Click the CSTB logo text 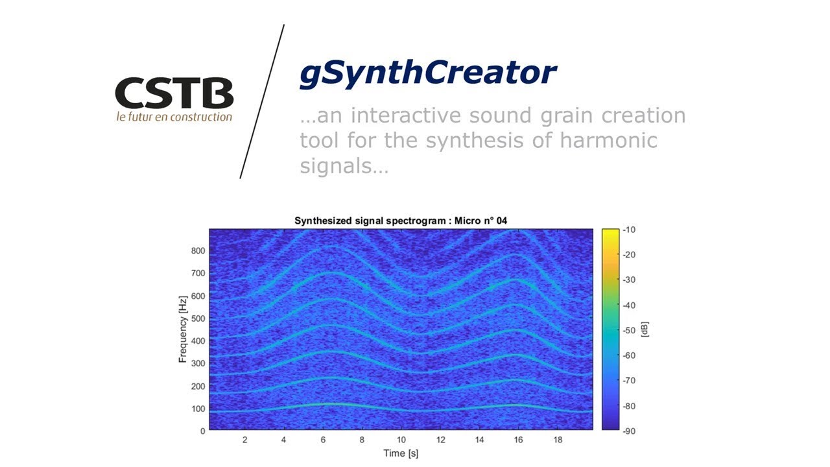point(174,93)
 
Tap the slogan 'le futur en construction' point(174,117)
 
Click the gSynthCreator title point(427,73)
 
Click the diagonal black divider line point(262,102)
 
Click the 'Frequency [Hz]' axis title point(184,329)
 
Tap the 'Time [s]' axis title point(400,453)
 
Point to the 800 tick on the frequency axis point(198,251)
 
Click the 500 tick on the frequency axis point(198,318)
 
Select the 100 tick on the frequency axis point(198,409)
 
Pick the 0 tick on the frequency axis point(202,431)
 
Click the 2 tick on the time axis point(244,440)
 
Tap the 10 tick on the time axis point(401,440)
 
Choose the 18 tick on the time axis point(558,440)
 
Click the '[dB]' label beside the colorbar point(645,329)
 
